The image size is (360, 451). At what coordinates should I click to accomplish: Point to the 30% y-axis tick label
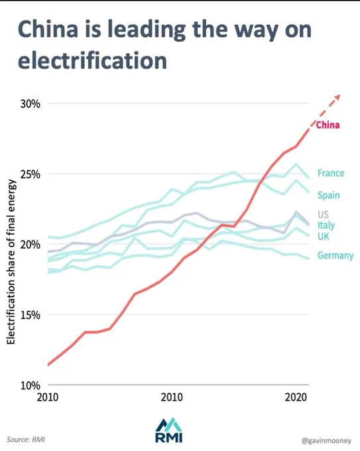pyautogui.click(x=30, y=104)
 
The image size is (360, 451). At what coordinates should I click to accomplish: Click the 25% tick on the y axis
pyautogui.click(x=30, y=174)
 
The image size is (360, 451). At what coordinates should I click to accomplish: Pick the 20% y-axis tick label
pyautogui.click(x=30, y=245)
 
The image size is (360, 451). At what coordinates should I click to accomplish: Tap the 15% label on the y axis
pyautogui.click(x=30, y=315)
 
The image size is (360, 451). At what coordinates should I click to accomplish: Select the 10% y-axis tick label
pyautogui.click(x=30, y=385)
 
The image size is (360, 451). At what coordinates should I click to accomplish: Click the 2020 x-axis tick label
pyautogui.click(x=296, y=397)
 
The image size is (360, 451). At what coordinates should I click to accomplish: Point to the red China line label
pyautogui.click(x=328, y=125)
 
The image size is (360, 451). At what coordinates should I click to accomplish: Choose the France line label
pyautogui.click(x=331, y=173)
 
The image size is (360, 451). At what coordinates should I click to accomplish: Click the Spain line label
pyautogui.click(x=329, y=195)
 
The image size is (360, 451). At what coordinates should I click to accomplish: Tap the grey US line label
pyautogui.click(x=323, y=214)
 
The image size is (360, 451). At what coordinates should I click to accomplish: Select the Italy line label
pyautogui.click(x=326, y=225)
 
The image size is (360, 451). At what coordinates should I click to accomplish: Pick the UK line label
pyautogui.click(x=323, y=236)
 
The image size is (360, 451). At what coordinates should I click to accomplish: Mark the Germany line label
pyautogui.click(x=335, y=255)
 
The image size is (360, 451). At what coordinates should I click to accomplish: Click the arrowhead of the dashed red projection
pyautogui.click(x=337, y=97)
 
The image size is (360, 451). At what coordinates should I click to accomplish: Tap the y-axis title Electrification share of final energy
pyautogui.click(x=11, y=262)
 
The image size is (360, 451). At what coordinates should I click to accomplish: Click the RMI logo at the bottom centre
pyautogui.click(x=169, y=430)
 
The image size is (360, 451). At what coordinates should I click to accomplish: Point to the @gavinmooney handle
pyautogui.click(x=326, y=440)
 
